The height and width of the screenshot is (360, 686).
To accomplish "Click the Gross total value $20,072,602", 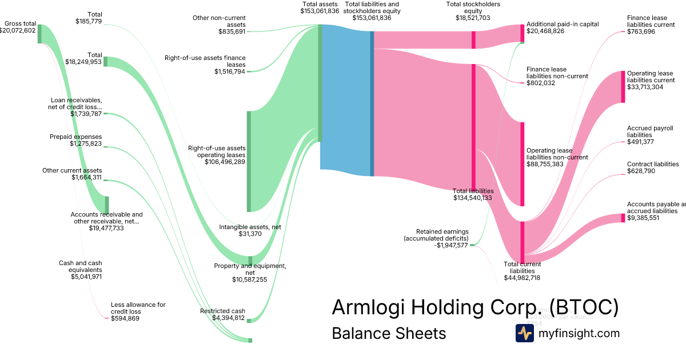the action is [x=18, y=30].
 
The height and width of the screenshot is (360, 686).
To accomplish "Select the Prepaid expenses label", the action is [x=75, y=137].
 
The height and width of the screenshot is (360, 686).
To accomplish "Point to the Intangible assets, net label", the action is [x=250, y=227].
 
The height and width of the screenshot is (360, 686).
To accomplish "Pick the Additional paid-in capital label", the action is [x=563, y=24].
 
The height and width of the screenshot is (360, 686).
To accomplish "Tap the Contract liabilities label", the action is [x=653, y=164].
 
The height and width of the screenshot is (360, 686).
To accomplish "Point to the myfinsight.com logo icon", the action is [x=524, y=333].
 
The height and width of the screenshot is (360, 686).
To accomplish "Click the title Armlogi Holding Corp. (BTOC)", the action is [x=475, y=307].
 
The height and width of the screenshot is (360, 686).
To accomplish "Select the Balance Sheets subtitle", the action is [x=388, y=333].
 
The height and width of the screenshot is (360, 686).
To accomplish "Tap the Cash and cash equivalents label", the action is [x=81, y=266].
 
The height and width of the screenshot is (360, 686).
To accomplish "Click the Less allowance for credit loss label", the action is [x=138, y=308].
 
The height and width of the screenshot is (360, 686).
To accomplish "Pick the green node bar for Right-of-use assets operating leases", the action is [x=249, y=161].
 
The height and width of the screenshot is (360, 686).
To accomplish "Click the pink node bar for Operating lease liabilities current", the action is [x=623, y=87].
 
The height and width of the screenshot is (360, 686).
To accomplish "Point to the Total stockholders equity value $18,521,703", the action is [x=473, y=18].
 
